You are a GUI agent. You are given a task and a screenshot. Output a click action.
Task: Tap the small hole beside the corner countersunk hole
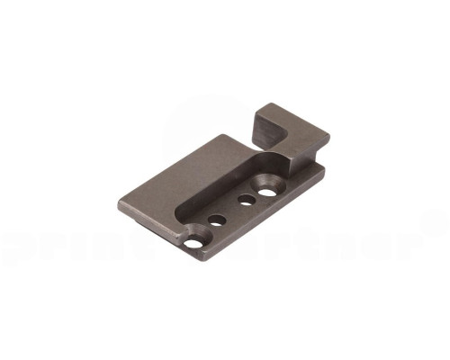(x=217, y=219)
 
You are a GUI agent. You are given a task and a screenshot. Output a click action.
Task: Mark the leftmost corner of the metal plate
(x=118, y=199)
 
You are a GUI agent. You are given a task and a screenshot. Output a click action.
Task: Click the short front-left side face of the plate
(x=153, y=229)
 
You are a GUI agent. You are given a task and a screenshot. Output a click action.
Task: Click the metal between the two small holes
(x=231, y=210)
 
